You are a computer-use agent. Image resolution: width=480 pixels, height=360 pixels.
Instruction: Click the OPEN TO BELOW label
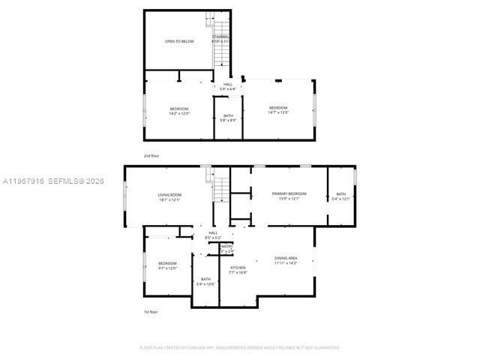(179, 41)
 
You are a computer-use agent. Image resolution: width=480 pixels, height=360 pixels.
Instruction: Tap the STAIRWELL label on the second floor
(220, 38)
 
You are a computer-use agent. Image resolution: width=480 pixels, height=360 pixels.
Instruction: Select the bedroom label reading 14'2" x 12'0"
(179, 111)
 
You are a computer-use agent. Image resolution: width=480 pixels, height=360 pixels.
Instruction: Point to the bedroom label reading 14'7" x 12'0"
(278, 110)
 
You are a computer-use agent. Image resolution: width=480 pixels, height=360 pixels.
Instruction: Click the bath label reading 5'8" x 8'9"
(228, 118)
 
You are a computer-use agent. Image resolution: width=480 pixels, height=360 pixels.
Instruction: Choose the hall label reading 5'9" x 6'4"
(228, 86)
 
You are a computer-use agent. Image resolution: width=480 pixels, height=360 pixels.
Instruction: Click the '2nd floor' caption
(151, 155)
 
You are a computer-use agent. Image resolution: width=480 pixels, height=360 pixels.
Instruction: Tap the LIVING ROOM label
(170, 197)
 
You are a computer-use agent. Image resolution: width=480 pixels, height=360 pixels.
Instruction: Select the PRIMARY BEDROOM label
(289, 196)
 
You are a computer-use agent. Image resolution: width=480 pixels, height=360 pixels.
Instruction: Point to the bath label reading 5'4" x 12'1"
(341, 196)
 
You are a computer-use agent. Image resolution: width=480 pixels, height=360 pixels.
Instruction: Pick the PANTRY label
(226, 247)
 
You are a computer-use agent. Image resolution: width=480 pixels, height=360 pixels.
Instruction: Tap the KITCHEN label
(238, 269)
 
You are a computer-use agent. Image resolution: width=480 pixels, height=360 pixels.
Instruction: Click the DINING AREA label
(286, 260)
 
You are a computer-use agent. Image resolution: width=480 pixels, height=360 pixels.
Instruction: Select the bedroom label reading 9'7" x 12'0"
(167, 265)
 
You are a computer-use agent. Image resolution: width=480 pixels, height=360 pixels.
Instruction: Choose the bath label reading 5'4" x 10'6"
(205, 281)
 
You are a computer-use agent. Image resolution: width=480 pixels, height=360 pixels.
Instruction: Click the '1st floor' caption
(151, 311)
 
